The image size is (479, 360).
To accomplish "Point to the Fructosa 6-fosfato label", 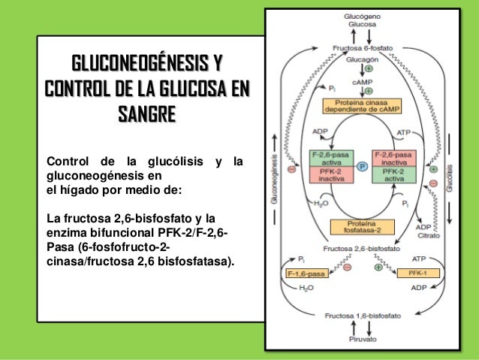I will pyautogui.click(x=362, y=47).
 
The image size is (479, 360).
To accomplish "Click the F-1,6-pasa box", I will pyautogui.click(x=306, y=274).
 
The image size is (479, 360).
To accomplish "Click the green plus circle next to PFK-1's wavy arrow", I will pyautogui.click(x=377, y=268).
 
